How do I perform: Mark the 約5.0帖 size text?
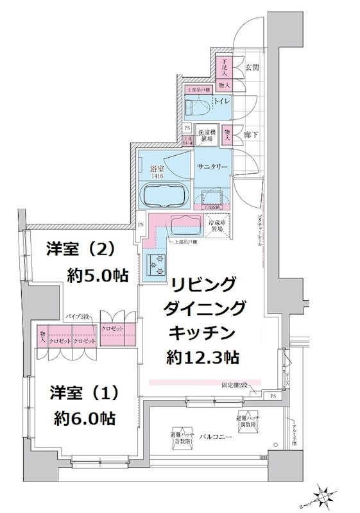click(x=98, y=276)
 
